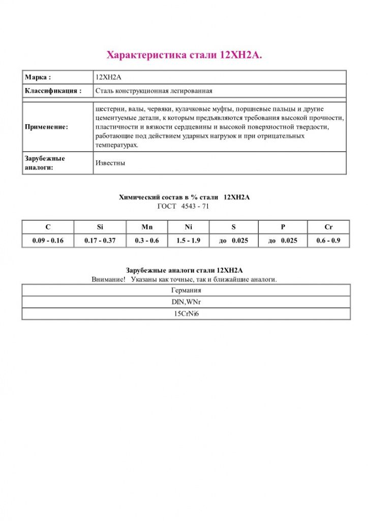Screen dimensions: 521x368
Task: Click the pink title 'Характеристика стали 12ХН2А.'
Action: [184, 55]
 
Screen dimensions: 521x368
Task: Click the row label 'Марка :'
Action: [38, 77]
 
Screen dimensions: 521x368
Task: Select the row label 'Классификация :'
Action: [53, 91]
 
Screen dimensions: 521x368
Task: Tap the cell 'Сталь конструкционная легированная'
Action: [154, 91]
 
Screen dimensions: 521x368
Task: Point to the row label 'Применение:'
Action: [46, 127]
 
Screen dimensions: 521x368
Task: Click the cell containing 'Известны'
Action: [110, 163]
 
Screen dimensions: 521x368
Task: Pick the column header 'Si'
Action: [99, 227]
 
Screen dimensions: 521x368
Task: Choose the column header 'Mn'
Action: [146, 227]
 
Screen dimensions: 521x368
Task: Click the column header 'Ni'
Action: [189, 227]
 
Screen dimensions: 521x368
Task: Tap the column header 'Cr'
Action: [328, 227]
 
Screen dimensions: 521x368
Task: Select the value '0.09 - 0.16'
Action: [48, 241]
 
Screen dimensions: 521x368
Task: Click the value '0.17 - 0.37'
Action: [99, 241]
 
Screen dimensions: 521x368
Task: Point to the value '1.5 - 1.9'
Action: [189, 241]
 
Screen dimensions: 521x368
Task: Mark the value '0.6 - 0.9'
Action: [328, 241]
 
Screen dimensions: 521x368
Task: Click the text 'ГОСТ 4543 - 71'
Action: [184, 207]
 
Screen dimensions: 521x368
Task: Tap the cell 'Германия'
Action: [186, 291]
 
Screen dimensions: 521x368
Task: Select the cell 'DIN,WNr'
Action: [186, 302]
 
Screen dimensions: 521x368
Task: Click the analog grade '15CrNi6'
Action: [186, 314]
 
